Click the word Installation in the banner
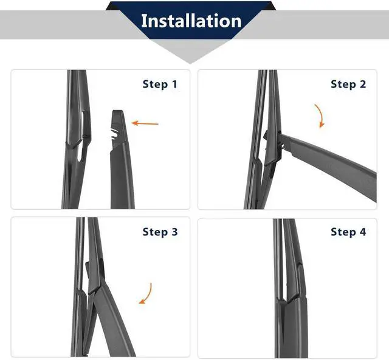(191, 21)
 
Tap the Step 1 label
(160, 85)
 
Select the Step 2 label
(348, 85)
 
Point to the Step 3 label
(160, 232)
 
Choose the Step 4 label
(348, 232)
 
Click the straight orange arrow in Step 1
(145, 123)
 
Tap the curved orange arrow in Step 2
(320, 116)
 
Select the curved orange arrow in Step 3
(146, 294)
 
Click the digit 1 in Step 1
(174, 85)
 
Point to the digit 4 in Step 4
(363, 232)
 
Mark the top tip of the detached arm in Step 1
(117, 111)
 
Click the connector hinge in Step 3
(94, 275)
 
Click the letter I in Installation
(144, 21)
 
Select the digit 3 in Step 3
(174, 232)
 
